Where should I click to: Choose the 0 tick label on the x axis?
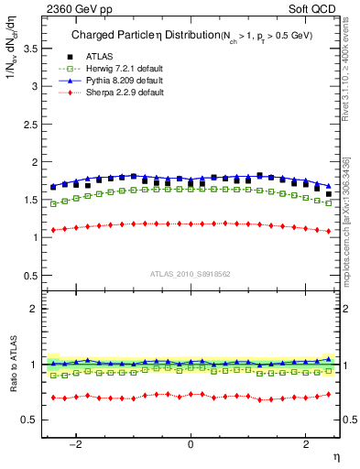(191, 444)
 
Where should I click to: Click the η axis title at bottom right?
(336, 456)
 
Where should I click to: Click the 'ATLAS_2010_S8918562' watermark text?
(191, 274)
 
